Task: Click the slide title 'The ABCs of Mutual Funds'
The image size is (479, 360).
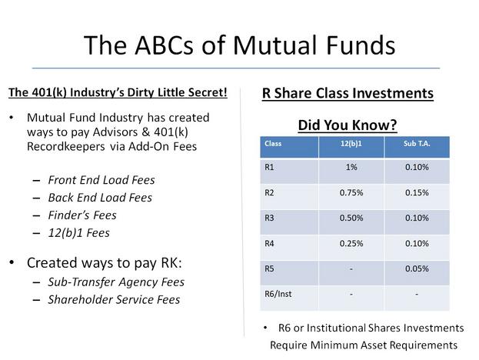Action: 240,45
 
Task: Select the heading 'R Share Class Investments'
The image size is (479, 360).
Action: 348,93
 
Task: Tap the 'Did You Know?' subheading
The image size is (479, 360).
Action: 348,125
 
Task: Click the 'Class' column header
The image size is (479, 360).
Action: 273,143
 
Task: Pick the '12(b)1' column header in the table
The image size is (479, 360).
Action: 351,143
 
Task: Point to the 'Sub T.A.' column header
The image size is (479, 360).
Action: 417,143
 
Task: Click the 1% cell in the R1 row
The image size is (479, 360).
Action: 351,167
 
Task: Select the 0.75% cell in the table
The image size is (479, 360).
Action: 351,193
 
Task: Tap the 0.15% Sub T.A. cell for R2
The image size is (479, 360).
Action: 417,193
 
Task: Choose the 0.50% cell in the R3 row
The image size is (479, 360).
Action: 351,218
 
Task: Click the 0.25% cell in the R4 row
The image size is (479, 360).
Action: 351,244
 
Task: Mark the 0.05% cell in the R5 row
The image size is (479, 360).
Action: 417,268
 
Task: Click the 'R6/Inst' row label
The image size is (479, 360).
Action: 278,294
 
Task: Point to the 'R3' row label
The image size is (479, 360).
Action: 269,218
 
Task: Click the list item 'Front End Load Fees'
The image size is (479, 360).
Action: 101,180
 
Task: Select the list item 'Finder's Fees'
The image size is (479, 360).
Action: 82,215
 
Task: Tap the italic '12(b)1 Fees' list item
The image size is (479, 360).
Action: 79,233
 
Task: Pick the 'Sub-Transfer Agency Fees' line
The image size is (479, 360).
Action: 116,282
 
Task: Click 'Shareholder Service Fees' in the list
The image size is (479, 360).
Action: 114,299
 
